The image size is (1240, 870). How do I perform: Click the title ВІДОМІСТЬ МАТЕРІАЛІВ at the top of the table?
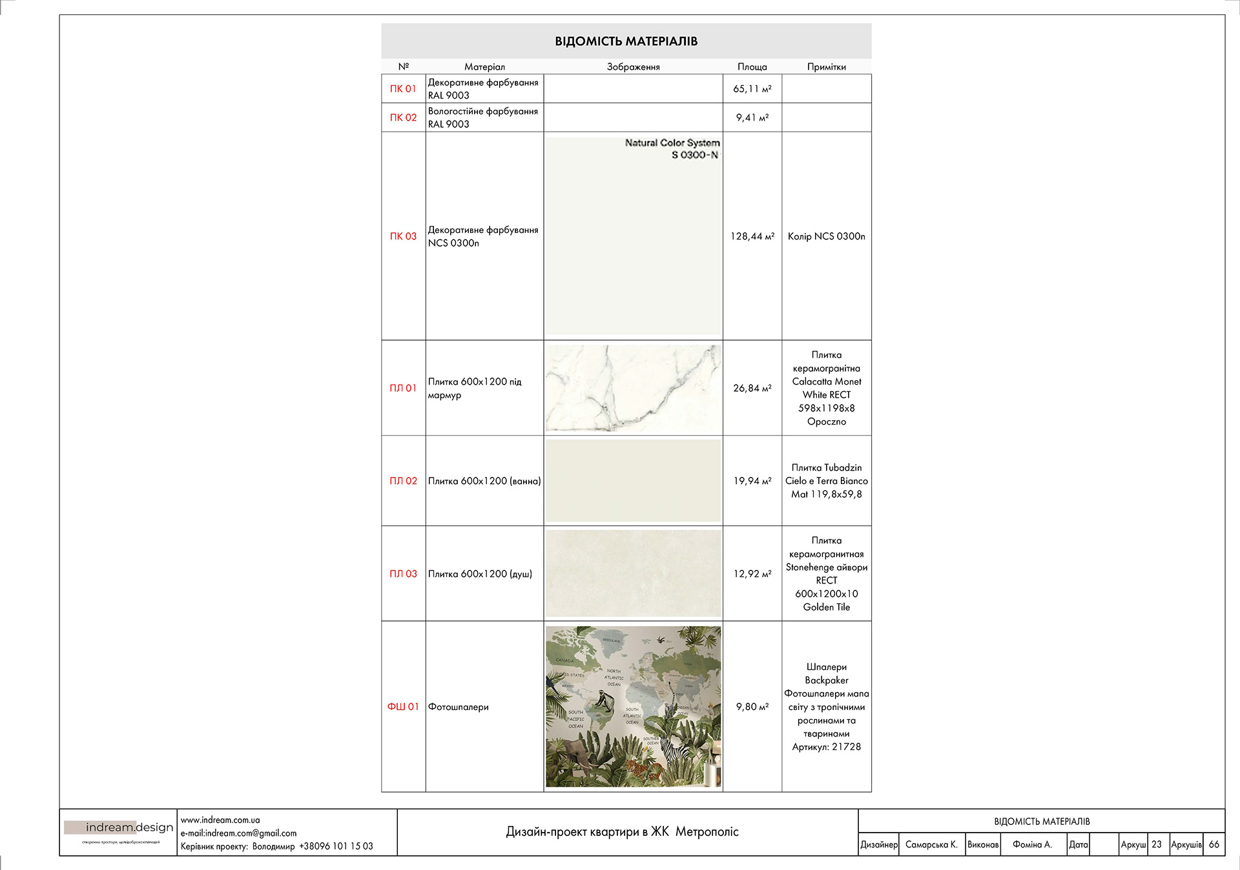pyautogui.click(x=626, y=41)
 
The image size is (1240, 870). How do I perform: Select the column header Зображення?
pyautogui.click(x=633, y=66)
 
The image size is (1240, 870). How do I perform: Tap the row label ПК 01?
pyautogui.click(x=403, y=88)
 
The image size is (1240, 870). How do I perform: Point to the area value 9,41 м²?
pyautogui.click(x=752, y=117)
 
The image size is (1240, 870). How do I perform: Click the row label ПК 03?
pyautogui.click(x=403, y=236)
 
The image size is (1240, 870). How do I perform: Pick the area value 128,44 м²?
pyautogui.click(x=752, y=236)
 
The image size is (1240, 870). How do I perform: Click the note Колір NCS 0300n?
pyautogui.click(x=826, y=236)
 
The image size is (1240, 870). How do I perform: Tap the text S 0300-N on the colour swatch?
pyautogui.click(x=694, y=155)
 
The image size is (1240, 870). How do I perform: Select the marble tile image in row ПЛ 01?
pyautogui.click(x=633, y=388)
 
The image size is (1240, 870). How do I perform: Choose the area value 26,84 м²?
pyautogui.click(x=752, y=388)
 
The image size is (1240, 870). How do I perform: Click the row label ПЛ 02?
pyautogui.click(x=403, y=481)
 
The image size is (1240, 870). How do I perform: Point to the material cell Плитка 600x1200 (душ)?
pyautogui.click(x=480, y=574)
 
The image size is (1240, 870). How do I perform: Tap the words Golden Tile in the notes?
pyautogui.click(x=826, y=607)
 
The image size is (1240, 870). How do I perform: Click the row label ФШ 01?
pyautogui.click(x=403, y=707)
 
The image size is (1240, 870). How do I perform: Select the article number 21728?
pyautogui.click(x=845, y=747)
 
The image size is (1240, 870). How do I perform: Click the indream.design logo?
pyautogui.click(x=120, y=827)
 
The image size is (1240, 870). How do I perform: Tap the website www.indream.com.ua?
pyautogui.click(x=220, y=820)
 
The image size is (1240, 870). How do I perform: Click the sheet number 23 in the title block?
pyautogui.click(x=1156, y=844)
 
